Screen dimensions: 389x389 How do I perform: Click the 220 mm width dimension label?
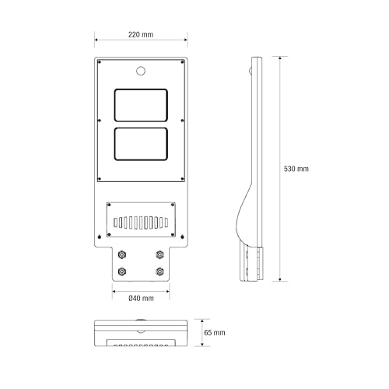pos(141,34)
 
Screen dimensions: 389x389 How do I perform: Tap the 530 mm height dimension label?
pos(296,169)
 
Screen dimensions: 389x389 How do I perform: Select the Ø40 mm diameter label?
pos(141,298)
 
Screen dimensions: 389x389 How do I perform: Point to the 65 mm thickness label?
pos(215,332)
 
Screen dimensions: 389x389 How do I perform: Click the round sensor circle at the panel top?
pos(141,71)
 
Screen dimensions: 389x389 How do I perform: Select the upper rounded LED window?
pos(141,105)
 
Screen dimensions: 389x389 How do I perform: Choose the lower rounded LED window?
pos(141,144)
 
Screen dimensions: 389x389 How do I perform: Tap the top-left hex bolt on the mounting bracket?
pos(122,254)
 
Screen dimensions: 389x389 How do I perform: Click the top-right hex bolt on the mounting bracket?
pos(159,254)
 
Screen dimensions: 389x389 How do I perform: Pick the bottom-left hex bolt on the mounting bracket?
pos(122,272)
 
